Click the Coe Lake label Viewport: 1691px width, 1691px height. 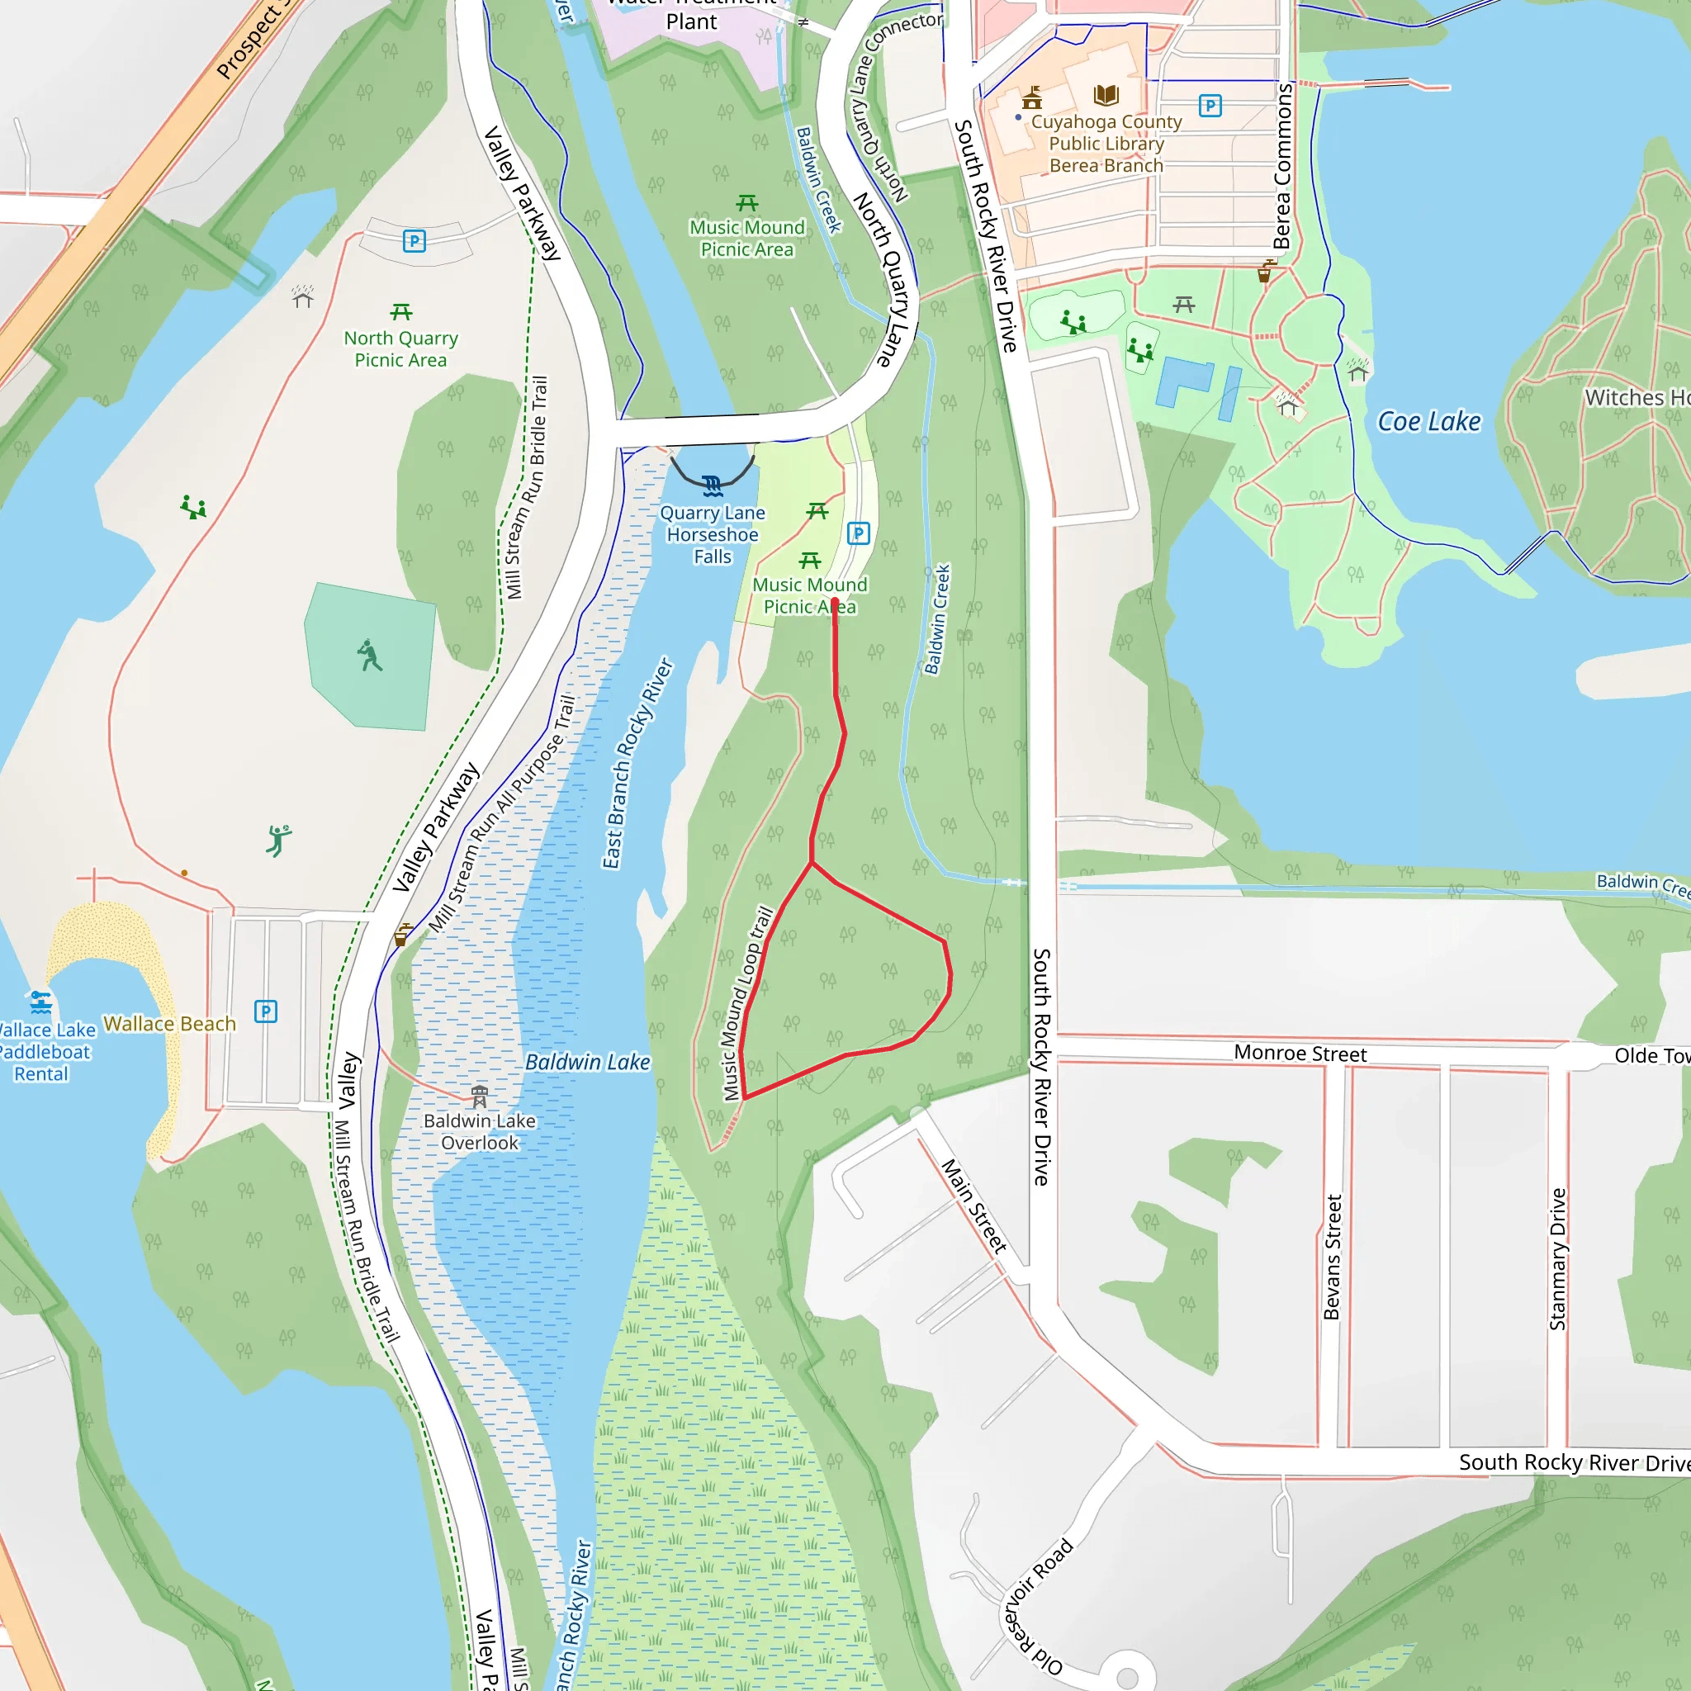point(1428,422)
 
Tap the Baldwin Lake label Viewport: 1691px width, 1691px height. point(587,1063)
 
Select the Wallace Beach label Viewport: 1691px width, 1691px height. point(170,1024)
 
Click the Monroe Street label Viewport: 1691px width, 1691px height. point(1300,1054)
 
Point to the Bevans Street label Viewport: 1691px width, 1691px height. point(1331,1257)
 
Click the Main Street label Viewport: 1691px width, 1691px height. point(973,1206)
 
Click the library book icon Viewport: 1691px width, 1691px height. point(1106,94)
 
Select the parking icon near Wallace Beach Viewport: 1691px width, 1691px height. point(266,1011)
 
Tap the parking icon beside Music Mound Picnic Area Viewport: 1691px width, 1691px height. point(859,533)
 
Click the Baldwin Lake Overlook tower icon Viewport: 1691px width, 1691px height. point(480,1096)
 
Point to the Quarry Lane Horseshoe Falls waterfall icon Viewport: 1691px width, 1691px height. point(713,486)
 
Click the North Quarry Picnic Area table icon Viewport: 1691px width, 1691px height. point(400,312)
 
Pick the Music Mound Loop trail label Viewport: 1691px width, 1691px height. point(747,1003)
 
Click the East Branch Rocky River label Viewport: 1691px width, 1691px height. point(637,763)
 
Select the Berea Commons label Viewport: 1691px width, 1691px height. point(1282,166)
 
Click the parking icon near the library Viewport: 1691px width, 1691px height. point(1210,106)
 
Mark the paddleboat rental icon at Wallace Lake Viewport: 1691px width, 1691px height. point(40,1002)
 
